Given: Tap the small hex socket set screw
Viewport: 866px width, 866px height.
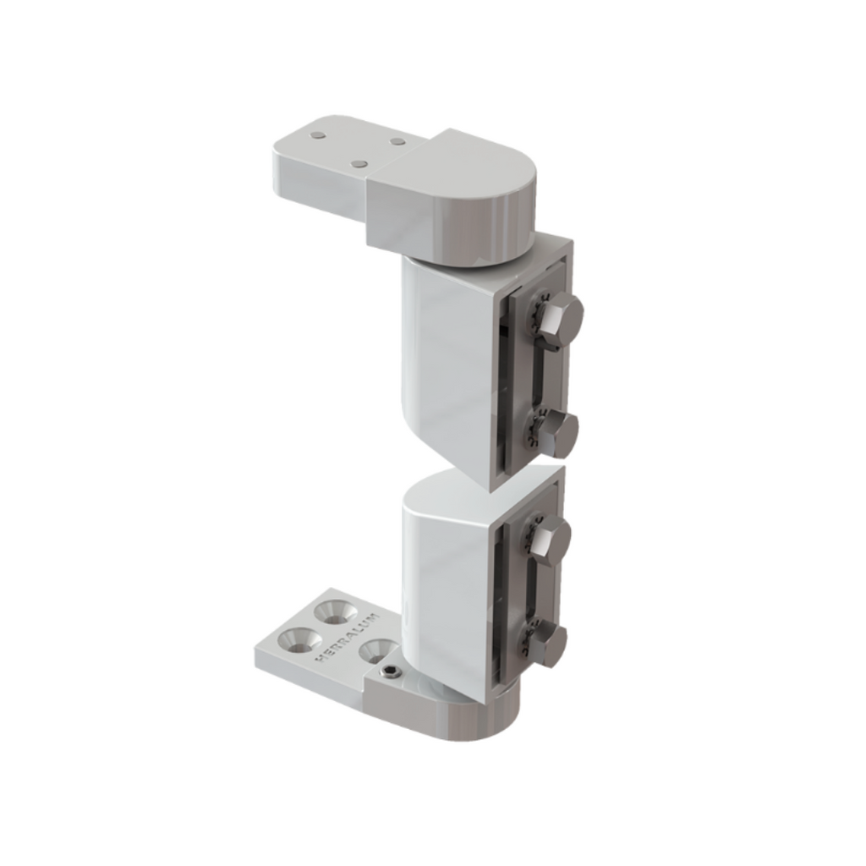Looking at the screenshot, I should click(x=390, y=674).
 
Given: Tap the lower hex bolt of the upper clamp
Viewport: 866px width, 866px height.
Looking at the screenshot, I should click(x=558, y=433).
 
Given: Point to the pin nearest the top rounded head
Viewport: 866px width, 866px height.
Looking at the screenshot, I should click(x=397, y=141).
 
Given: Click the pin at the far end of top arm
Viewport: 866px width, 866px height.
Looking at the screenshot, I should click(x=316, y=134).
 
